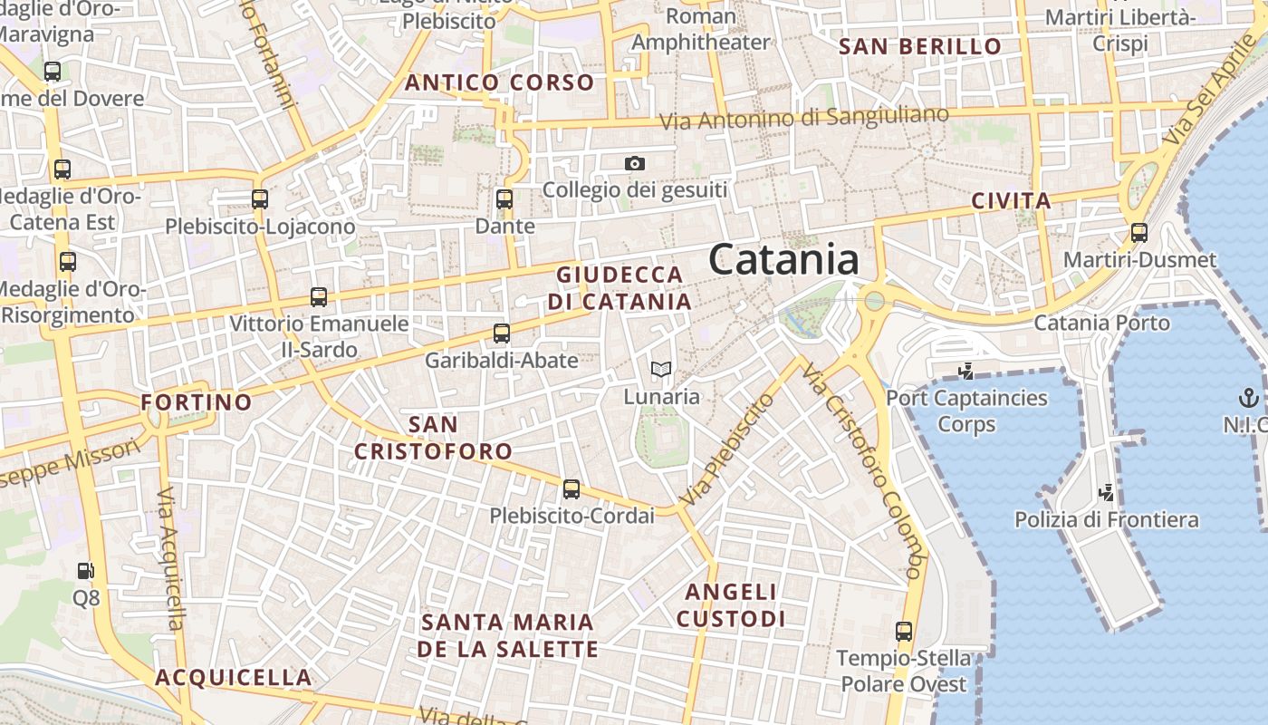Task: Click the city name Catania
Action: click(x=783, y=260)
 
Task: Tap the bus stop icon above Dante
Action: click(x=504, y=199)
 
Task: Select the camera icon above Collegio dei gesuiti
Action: click(x=635, y=164)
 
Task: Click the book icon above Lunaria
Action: click(x=661, y=369)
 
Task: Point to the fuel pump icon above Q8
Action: click(x=86, y=571)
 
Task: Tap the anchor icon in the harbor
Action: click(x=1248, y=397)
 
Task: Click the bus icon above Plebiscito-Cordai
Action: click(x=572, y=489)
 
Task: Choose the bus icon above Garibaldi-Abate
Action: click(x=502, y=333)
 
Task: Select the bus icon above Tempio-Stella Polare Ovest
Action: click(x=903, y=632)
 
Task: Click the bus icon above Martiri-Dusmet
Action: click(x=1139, y=233)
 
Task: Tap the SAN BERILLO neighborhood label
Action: click(x=920, y=47)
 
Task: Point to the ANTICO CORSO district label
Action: click(x=499, y=82)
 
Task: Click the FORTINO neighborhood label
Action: click(x=197, y=401)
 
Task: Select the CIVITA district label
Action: click(x=1011, y=201)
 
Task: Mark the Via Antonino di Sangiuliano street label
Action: click(x=803, y=118)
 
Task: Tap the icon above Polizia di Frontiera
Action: click(x=1106, y=493)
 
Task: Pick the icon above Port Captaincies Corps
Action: click(x=965, y=371)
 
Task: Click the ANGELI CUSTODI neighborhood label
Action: click(x=731, y=605)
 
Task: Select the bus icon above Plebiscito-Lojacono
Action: click(x=260, y=199)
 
